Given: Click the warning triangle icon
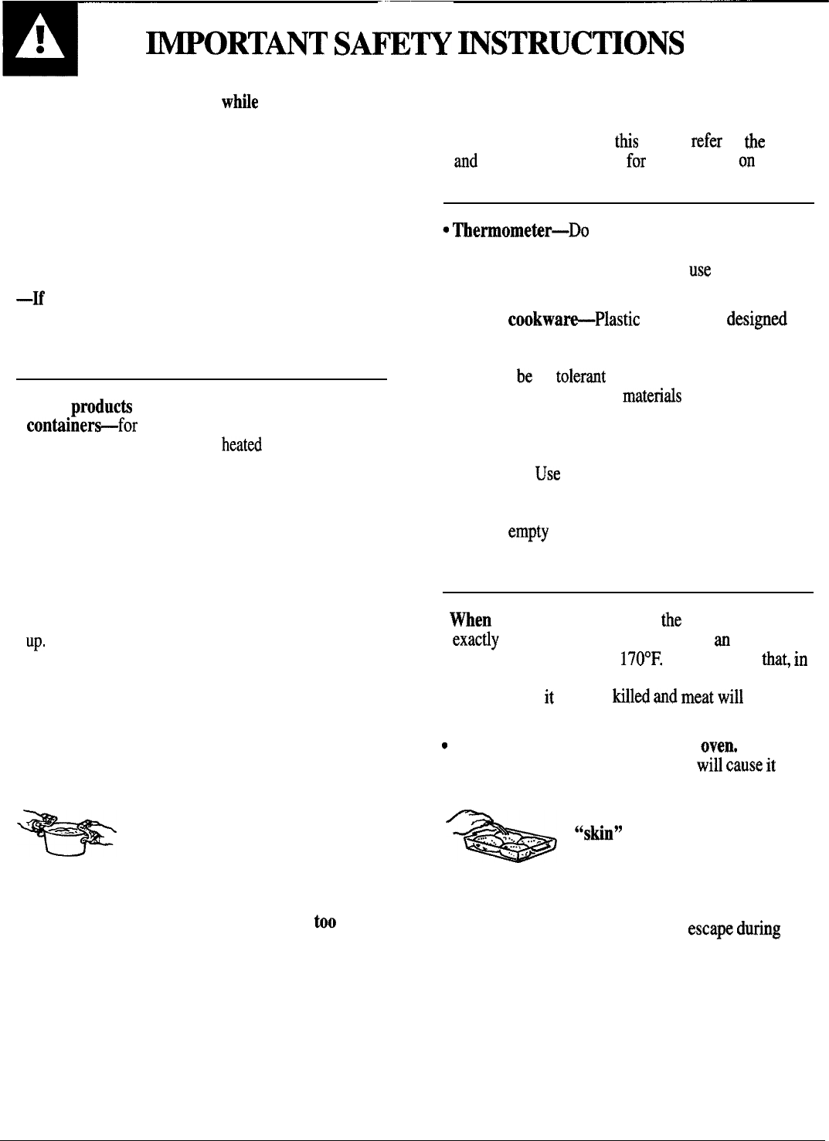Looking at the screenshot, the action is (39, 39).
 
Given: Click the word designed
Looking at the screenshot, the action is (756, 320).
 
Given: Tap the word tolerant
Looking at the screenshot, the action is (580, 376).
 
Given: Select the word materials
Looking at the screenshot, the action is (651, 396).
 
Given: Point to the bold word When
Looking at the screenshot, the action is (471, 620).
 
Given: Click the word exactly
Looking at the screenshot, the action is (475, 640).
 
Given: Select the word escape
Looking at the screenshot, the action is (709, 929).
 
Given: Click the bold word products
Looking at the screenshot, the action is (101, 406).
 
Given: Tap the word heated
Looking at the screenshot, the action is (241, 445).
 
